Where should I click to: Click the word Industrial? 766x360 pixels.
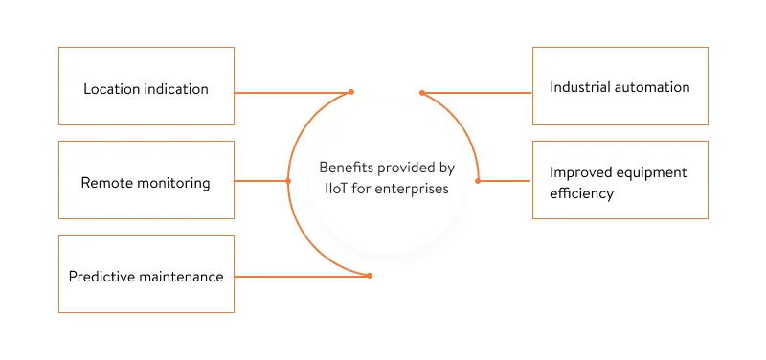click(581, 87)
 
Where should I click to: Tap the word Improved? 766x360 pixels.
click(579, 172)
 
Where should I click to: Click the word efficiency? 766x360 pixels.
click(581, 193)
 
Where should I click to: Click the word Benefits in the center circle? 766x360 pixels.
click(344, 168)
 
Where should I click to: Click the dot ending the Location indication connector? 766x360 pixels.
click(351, 92)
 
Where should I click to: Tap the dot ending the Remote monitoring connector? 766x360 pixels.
click(288, 181)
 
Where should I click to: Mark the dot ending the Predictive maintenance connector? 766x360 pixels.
click(370, 276)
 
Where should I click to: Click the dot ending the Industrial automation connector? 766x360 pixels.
click(421, 93)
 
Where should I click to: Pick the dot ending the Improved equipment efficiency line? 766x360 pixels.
click(478, 181)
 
